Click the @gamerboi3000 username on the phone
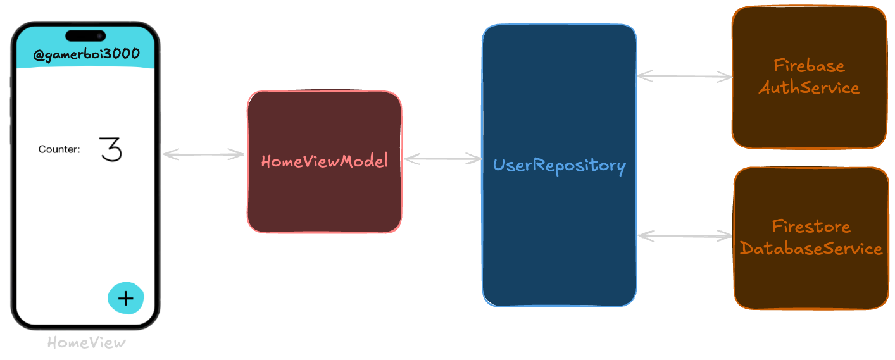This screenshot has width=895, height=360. (x=86, y=55)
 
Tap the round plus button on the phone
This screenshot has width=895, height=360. (x=126, y=298)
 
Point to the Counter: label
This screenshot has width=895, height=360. (x=59, y=150)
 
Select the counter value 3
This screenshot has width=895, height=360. (x=111, y=150)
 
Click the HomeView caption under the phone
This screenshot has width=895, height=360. (x=87, y=343)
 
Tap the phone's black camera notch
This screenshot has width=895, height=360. (x=85, y=35)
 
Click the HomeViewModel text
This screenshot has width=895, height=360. (x=324, y=161)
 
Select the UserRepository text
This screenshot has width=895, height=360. (x=559, y=166)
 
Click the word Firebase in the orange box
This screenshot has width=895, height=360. (x=809, y=66)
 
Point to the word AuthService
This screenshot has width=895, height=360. (x=809, y=87)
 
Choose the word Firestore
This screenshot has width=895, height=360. (x=811, y=226)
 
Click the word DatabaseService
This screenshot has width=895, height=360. (x=811, y=249)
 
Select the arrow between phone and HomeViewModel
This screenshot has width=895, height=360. (x=203, y=154)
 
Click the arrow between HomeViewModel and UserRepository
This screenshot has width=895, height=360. (x=442, y=159)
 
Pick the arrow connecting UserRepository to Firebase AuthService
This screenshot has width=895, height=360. (x=684, y=77)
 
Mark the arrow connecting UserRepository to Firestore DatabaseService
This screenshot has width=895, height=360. (x=685, y=236)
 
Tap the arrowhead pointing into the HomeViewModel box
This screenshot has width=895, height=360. (x=239, y=154)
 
